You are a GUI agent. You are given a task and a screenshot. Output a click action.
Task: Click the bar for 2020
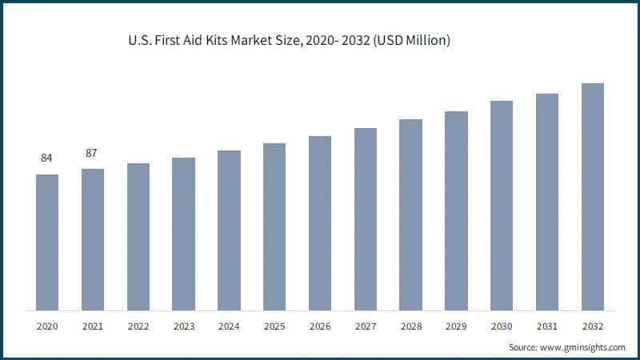coord(47,242)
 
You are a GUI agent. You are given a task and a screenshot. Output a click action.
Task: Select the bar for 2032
coord(592,197)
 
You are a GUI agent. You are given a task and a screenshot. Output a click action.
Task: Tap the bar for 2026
coord(320,223)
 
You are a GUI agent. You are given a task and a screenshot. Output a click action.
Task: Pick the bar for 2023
coord(183,234)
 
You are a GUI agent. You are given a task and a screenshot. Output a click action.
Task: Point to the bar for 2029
coord(456,210)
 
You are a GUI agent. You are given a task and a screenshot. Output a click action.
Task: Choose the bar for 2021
coord(93,239)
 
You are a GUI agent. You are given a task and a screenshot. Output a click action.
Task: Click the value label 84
coord(47,158)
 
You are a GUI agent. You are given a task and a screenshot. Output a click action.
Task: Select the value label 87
coord(93,152)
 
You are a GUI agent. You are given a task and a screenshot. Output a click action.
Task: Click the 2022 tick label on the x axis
coord(138,326)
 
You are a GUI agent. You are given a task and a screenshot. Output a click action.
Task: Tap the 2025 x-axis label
coord(274,326)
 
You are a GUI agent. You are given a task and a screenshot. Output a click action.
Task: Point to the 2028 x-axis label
coord(410,326)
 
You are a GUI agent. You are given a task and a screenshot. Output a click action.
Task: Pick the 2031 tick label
coord(547,326)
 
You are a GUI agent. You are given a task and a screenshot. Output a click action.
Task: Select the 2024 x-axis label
coord(229,326)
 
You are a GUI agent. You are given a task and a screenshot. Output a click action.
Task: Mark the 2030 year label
coord(502,326)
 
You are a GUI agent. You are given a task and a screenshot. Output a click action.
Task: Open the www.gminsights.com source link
coord(583,348)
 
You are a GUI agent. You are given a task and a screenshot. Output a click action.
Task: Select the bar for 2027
coord(366,219)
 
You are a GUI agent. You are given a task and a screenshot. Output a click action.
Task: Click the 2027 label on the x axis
coord(366,326)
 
